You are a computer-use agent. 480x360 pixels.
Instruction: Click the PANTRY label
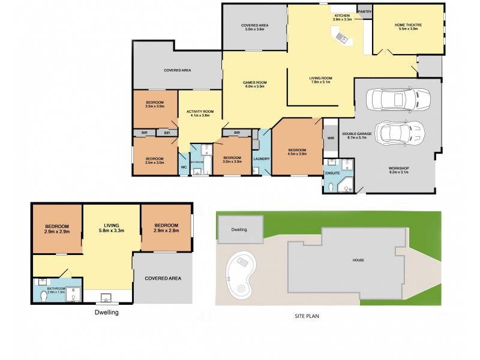[x=365, y=11]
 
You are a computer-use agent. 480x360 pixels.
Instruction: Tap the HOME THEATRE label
[x=408, y=25]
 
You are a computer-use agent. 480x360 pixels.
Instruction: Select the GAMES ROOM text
[x=254, y=82]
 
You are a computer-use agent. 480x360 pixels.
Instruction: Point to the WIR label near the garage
[x=331, y=138]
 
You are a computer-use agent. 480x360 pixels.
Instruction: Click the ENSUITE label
[x=332, y=173]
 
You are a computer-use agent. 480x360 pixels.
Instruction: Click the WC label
[x=183, y=167]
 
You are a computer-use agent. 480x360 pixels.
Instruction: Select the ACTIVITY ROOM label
[x=200, y=112]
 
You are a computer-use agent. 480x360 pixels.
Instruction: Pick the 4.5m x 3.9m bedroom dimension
[x=297, y=154]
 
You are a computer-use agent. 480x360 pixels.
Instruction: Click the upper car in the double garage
[x=397, y=100]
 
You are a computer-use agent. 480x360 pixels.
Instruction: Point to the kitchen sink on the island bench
[x=342, y=38]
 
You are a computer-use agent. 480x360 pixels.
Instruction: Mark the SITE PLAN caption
[x=306, y=317]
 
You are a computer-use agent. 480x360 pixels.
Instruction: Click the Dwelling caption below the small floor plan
[x=107, y=313]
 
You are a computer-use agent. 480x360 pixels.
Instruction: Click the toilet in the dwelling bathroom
[x=43, y=296]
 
